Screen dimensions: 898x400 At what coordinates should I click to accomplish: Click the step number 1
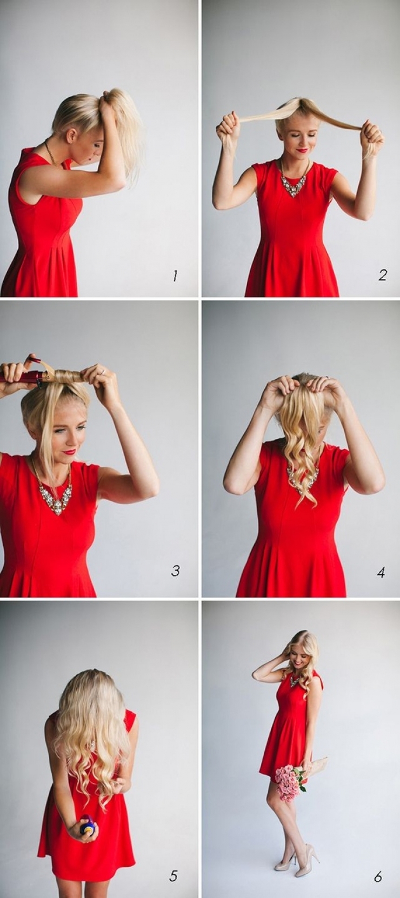click(175, 276)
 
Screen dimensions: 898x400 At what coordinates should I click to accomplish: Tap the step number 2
click(382, 275)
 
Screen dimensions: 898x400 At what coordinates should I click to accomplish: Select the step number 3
click(175, 571)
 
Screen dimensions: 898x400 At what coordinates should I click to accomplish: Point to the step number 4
click(381, 572)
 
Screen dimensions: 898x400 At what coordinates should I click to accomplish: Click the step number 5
click(174, 875)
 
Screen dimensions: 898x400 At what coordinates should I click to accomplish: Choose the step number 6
click(378, 876)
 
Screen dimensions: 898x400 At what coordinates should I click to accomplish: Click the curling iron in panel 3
click(24, 377)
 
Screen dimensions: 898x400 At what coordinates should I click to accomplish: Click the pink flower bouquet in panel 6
click(289, 781)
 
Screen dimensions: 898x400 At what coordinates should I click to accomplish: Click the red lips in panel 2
click(302, 150)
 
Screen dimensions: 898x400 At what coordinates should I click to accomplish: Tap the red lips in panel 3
click(69, 451)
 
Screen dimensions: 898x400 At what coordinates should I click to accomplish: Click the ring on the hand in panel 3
click(102, 372)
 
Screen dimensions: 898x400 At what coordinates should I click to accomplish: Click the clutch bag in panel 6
click(318, 767)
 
